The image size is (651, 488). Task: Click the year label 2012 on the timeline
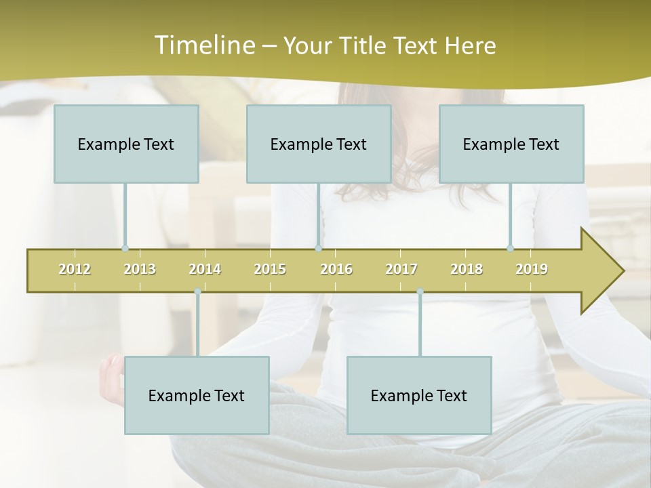click(75, 269)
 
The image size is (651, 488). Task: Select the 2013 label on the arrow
click(140, 269)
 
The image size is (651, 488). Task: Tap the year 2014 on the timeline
click(205, 269)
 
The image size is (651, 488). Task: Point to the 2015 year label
click(270, 269)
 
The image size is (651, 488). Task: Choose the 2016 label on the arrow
click(336, 269)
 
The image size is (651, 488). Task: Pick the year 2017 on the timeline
click(401, 269)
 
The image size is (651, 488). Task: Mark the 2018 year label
click(467, 269)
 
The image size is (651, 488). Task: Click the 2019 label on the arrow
click(532, 269)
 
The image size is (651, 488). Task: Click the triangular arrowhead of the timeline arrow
click(601, 271)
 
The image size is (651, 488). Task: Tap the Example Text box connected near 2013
click(126, 144)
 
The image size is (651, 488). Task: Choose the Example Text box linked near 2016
click(319, 144)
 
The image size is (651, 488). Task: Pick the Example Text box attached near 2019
click(511, 144)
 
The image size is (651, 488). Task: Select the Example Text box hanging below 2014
click(197, 395)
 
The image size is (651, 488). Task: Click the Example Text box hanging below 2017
click(419, 395)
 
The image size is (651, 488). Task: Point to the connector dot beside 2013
click(125, 249)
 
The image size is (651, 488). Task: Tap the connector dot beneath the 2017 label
click(420, 291)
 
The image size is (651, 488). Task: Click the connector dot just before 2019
click(510, 249)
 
